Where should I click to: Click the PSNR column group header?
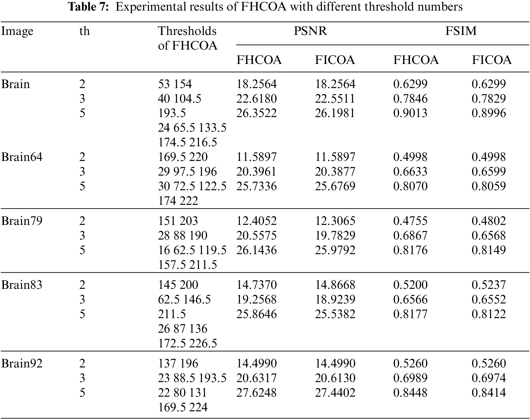coord(310,31)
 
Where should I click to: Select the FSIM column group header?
coord(461,31)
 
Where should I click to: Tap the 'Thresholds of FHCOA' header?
coord(187,38)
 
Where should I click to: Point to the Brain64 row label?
coord(22,157)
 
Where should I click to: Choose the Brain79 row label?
coord(22,221)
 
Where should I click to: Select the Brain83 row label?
coord(22,285)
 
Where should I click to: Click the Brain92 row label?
coord(22,364)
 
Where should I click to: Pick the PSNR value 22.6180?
coord(256,99)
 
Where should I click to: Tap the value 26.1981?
coord(335,113)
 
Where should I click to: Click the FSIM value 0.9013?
coord(410,113)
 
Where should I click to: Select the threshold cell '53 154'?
coord(175,84)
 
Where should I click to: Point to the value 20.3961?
coord(256,172)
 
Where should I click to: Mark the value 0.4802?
coord(489,221)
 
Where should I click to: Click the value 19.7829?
coord(335,236)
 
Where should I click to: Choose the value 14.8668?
coord(335,285)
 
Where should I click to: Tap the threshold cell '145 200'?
coord(178,285)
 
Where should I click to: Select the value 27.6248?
coord(256,393)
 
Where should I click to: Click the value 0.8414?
coord(489,393)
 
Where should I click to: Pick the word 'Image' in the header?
coord(17,31)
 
